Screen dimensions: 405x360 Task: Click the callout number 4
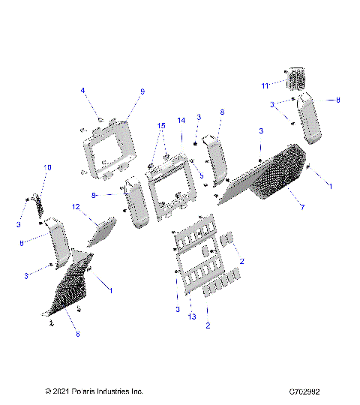[82, 91]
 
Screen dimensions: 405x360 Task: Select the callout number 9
[142, 91]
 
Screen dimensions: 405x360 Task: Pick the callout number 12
[76, 206]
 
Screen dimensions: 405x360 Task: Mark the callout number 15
[160, 125]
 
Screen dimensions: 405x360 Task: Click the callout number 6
[77, 334]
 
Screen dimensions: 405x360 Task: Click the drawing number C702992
[309, 391]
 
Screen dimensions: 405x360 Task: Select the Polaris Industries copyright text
[94, 391]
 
